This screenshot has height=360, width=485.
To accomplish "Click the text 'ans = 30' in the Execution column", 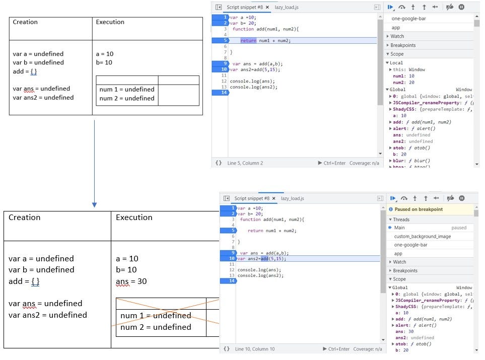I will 131,281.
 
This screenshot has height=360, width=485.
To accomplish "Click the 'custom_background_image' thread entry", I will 422,236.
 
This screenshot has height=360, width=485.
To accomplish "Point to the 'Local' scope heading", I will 396,63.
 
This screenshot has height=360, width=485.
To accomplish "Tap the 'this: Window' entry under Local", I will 408,69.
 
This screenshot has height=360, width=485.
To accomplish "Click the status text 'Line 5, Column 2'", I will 245,163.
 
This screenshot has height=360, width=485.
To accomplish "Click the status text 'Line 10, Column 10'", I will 255,349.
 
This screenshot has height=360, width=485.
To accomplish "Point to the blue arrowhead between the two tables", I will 94,205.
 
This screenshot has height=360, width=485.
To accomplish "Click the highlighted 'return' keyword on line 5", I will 248,40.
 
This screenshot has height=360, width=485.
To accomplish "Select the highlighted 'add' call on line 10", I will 265,259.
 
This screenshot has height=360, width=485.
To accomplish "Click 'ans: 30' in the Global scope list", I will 405,331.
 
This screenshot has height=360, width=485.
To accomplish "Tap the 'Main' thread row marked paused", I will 399,228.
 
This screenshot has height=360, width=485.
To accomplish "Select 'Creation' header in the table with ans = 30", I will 24,218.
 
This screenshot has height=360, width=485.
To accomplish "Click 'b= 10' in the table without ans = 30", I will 104,62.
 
